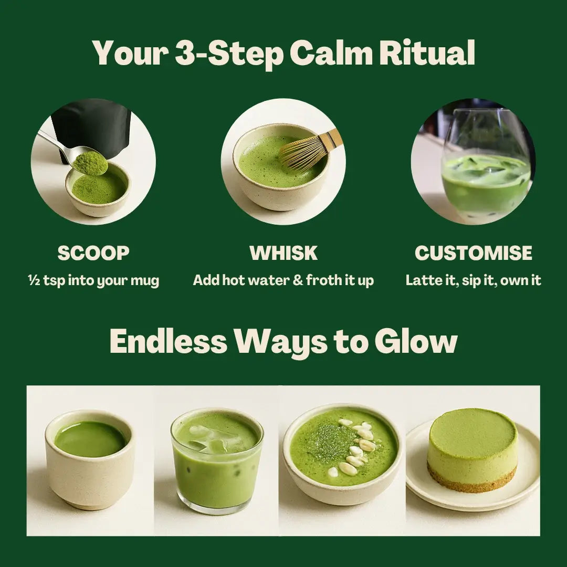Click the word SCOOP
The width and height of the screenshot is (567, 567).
[93, 253]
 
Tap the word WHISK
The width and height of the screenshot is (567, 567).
[283, 253]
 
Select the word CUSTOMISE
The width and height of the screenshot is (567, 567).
[473, 253]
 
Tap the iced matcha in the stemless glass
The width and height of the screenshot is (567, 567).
[485, 178]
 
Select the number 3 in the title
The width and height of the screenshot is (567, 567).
[185, 53]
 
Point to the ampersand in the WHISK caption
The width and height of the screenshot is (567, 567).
[298, 280]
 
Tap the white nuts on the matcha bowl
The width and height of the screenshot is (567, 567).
[357, 446]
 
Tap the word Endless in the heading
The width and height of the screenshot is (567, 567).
[168, 342]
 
